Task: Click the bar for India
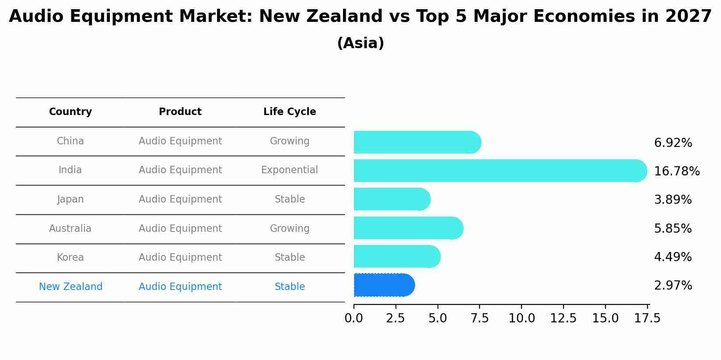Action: [499, 171]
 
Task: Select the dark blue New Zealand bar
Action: [383, 285]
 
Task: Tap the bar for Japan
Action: [391, 199]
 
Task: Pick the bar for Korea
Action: [396, 256]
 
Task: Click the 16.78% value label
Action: [676, 171]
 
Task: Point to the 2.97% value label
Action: [673, 286]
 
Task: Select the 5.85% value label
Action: [672, 229]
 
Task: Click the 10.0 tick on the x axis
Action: [521, 318]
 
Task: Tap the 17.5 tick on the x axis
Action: [647, 318]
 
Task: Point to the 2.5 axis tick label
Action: [395, 318]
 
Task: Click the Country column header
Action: [70, 112]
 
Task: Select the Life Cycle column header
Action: [290, 112]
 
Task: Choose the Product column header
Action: [180, 112]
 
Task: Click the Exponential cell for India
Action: [290, 170]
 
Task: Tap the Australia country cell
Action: [70, 229]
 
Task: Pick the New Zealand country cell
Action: [70, 287]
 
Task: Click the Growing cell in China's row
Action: [290, 141]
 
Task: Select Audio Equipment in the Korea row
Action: [180, 258]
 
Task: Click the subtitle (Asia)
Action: [360, 43]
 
